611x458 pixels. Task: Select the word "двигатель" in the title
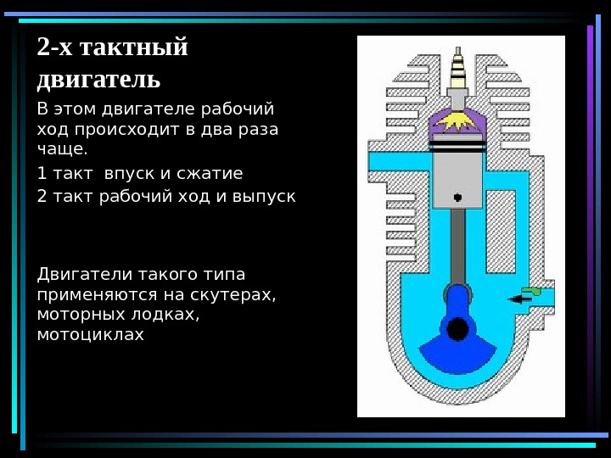coord(98,80)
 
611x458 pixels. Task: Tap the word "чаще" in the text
coord(61,150)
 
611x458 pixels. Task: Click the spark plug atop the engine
coord(459,71)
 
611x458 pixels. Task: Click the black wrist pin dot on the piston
coord(457,198)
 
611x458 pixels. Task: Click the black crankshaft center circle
coord(458,328)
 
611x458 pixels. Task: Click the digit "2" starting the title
coord(42,47)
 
